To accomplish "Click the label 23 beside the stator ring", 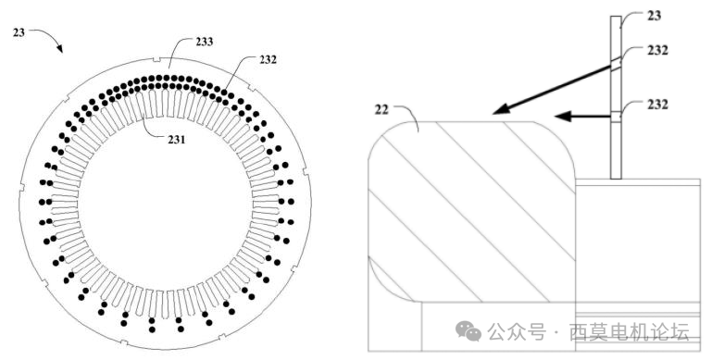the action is (18, 31).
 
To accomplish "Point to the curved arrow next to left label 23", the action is (48, 38).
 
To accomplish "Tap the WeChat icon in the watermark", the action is (471, 329).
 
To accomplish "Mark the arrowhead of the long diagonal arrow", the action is (499, 111).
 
